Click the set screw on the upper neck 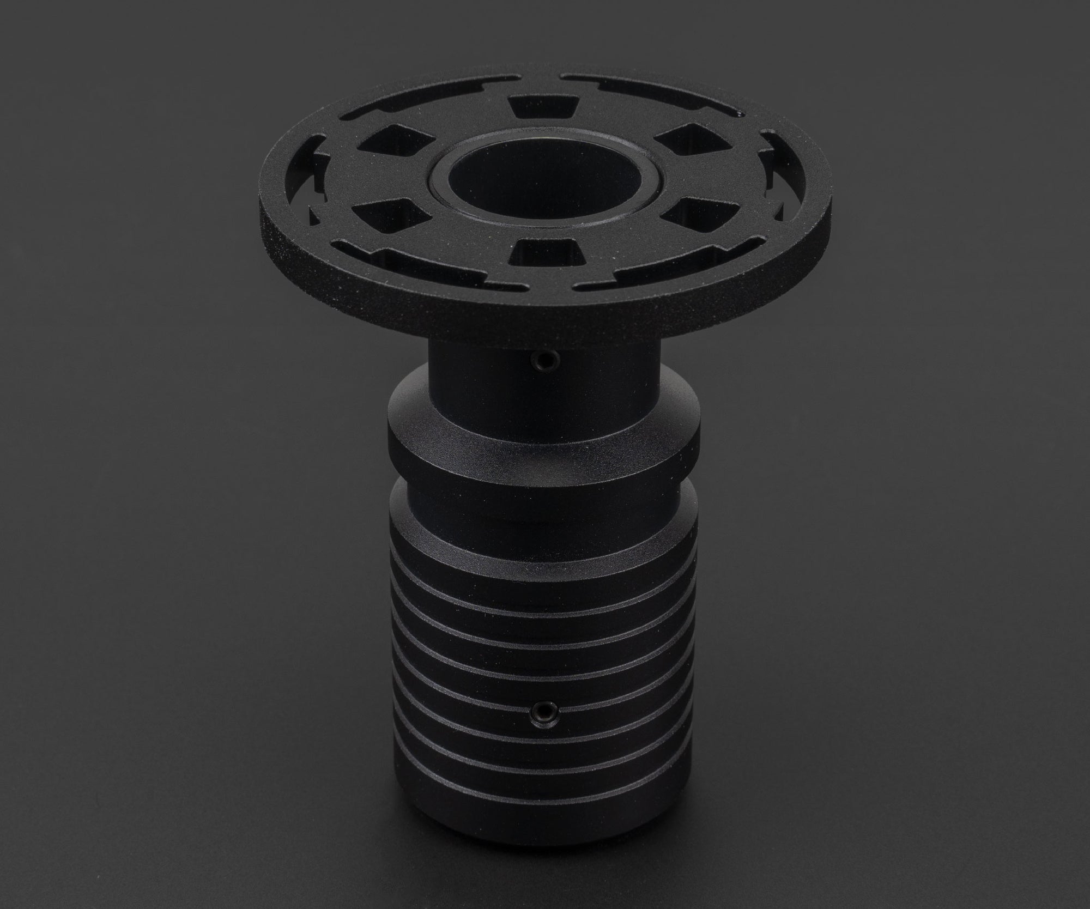pyautogui.click(x=541, y=360)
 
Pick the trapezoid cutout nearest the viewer pyautogui.click(x=545, y=252)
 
